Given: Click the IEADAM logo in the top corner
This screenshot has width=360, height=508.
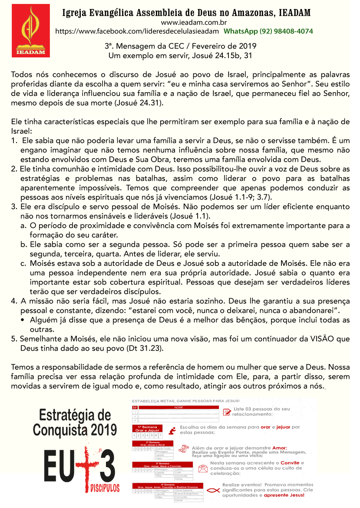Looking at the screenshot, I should pyautogui.click(x=31, y=31).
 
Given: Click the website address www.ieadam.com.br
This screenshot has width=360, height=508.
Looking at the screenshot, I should pyautogui.click(x=188, y=23).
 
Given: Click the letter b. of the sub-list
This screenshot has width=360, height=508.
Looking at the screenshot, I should pyautogui.click(x=23, y=245).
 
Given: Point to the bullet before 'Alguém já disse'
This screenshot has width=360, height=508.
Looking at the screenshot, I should pyautogui.click(x=23, y=320).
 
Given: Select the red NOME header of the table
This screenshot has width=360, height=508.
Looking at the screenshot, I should pyautogui.click(x=178, y=407).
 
